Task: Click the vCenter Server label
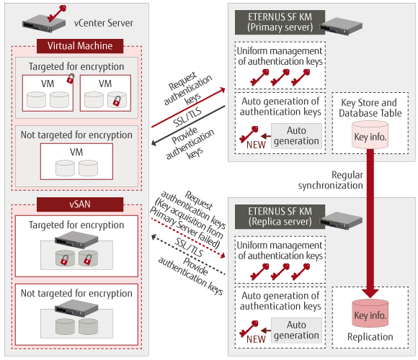(x=104, y=23)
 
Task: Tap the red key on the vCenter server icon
(x=57, y=13)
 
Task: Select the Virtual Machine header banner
(x=80, y=46)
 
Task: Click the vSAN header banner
(x=80, y=204)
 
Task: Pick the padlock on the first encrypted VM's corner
(x=71, y=78)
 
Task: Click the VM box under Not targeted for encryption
(x=76, y=161)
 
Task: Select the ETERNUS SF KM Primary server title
(x=280, y=22)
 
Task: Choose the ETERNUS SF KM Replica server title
(x=280, y=217)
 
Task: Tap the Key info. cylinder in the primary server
(x=370, y=135)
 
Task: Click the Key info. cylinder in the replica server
(x=370, y=313)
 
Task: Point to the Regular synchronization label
(x=331, y=180)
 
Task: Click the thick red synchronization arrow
(x=370, y=223)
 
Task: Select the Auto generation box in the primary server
(x=296, y=136)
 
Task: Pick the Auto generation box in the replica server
(x=296, y=330)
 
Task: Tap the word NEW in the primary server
(x=256, y=145)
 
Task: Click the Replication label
(x=370, y=337)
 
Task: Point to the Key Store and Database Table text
(x=370, y=108)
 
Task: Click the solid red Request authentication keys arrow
(x=188, y=107)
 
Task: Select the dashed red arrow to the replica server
(x=188, y=238)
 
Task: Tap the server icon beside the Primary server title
(x=341, y=26)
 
